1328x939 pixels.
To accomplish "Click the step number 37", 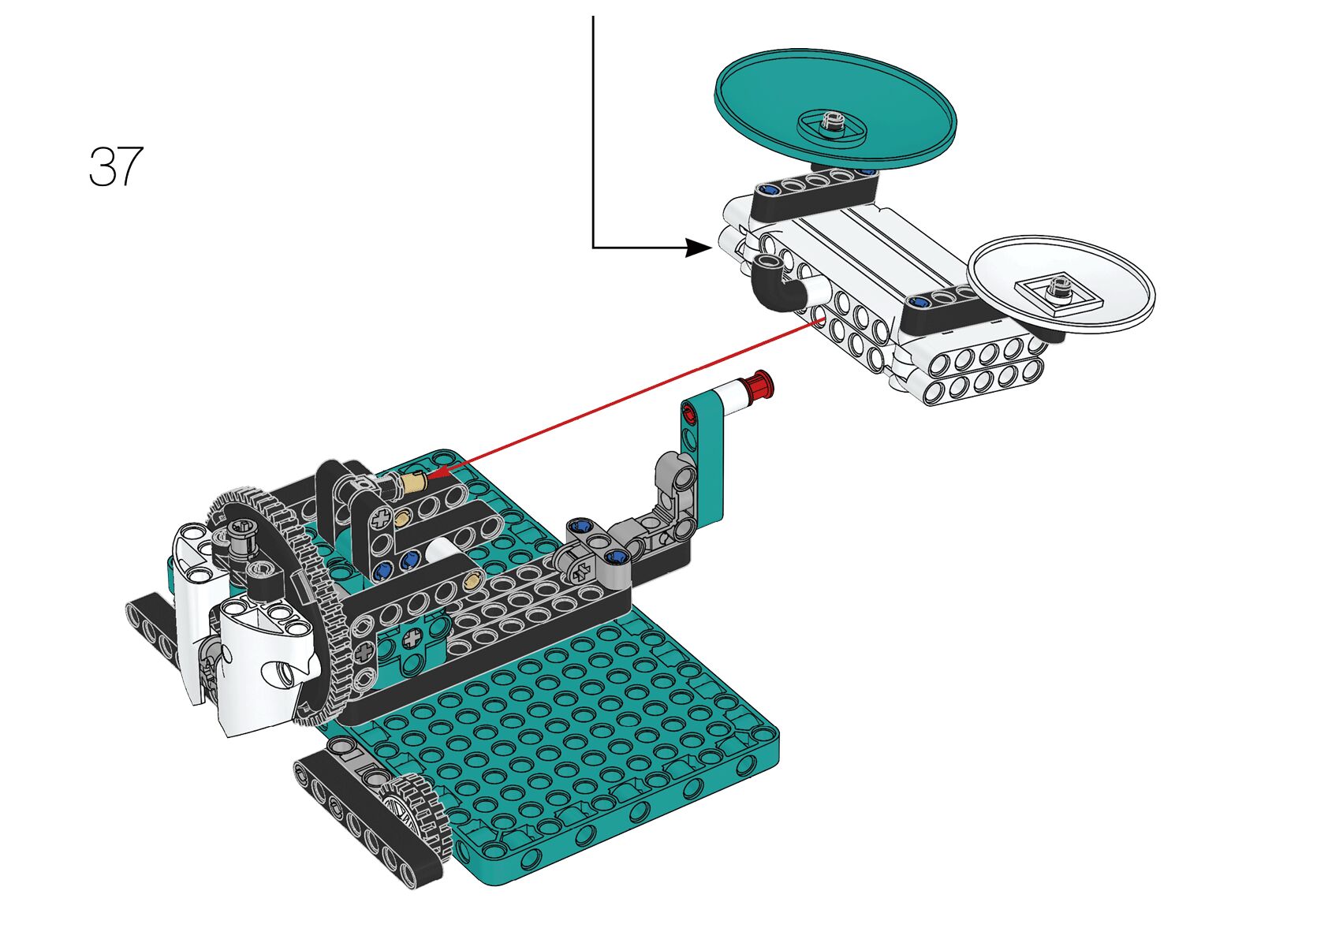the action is (116, 166).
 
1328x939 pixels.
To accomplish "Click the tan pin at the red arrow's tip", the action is (412, 480).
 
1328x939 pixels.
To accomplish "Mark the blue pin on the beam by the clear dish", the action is (918, 301).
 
